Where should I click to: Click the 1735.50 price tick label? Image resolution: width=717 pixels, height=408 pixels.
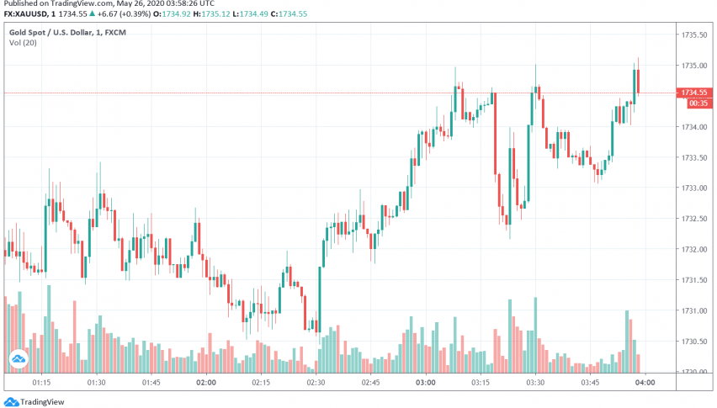(693, 34)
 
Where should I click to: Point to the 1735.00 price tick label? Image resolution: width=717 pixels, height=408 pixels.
(693, 66)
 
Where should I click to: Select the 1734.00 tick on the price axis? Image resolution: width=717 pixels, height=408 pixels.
(693, 127)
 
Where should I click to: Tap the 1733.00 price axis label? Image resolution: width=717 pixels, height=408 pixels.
(693, 188)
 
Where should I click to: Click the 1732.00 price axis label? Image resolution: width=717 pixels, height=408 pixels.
(693, 250)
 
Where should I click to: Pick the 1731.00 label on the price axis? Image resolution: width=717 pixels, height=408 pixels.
(693, 311)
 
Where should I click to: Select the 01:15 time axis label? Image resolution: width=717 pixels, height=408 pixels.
(43, 382)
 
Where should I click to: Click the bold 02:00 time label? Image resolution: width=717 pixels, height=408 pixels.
(206, 382)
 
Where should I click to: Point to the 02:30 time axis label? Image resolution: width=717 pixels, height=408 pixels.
(316, 382)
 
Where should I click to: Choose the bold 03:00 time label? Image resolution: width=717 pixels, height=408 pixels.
(425, 382)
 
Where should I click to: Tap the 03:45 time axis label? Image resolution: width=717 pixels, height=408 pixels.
(590, 382)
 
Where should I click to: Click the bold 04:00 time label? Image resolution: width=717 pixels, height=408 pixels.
(645, 382)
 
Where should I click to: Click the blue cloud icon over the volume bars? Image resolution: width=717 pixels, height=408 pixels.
(19, 361)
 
